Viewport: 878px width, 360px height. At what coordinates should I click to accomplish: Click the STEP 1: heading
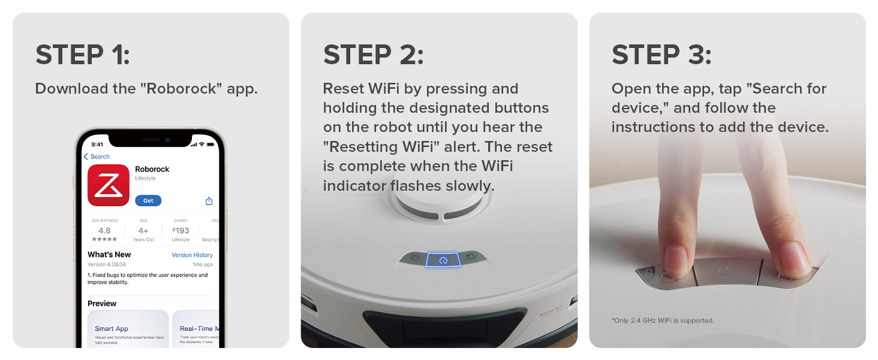[82, 55]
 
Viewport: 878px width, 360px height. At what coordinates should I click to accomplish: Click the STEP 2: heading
[373, 55]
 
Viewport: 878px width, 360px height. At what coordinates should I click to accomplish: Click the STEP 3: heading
[661, 55]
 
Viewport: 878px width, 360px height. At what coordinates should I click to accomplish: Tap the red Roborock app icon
[109, 185]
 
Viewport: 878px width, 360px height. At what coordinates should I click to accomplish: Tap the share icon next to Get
[209, 201]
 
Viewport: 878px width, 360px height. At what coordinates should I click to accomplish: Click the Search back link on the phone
[97, 157]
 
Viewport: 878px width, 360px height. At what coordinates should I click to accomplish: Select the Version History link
[192, 255]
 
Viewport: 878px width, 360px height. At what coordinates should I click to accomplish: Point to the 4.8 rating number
[104, 230]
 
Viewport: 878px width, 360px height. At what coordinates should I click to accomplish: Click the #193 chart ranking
[181, 230]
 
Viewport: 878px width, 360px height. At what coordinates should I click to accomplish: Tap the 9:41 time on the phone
[97, 145]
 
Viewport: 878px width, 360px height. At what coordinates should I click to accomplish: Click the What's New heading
[109, 254]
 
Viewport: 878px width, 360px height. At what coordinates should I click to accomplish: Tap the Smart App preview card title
[112, 329]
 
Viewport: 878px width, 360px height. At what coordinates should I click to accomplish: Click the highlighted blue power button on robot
[443, 260]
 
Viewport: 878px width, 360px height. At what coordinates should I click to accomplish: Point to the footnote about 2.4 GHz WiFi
[663, 320]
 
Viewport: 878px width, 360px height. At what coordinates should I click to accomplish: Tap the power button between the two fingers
[727, 270]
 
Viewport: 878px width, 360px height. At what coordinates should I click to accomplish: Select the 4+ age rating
[143, 230]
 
